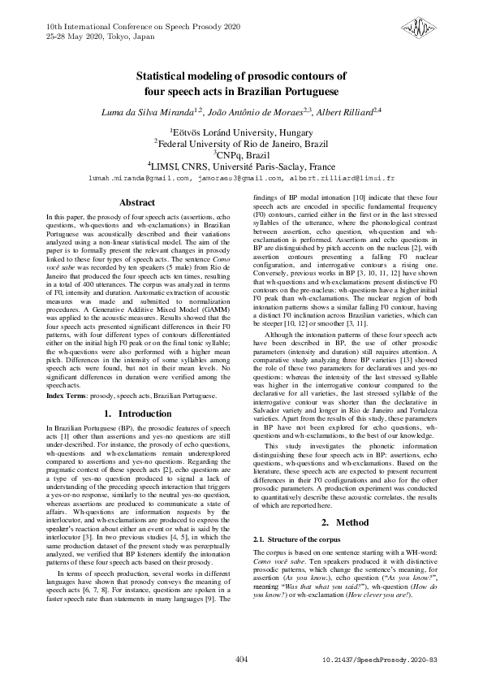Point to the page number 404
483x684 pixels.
point(240,660)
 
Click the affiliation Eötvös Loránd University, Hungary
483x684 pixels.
point(242,129)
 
